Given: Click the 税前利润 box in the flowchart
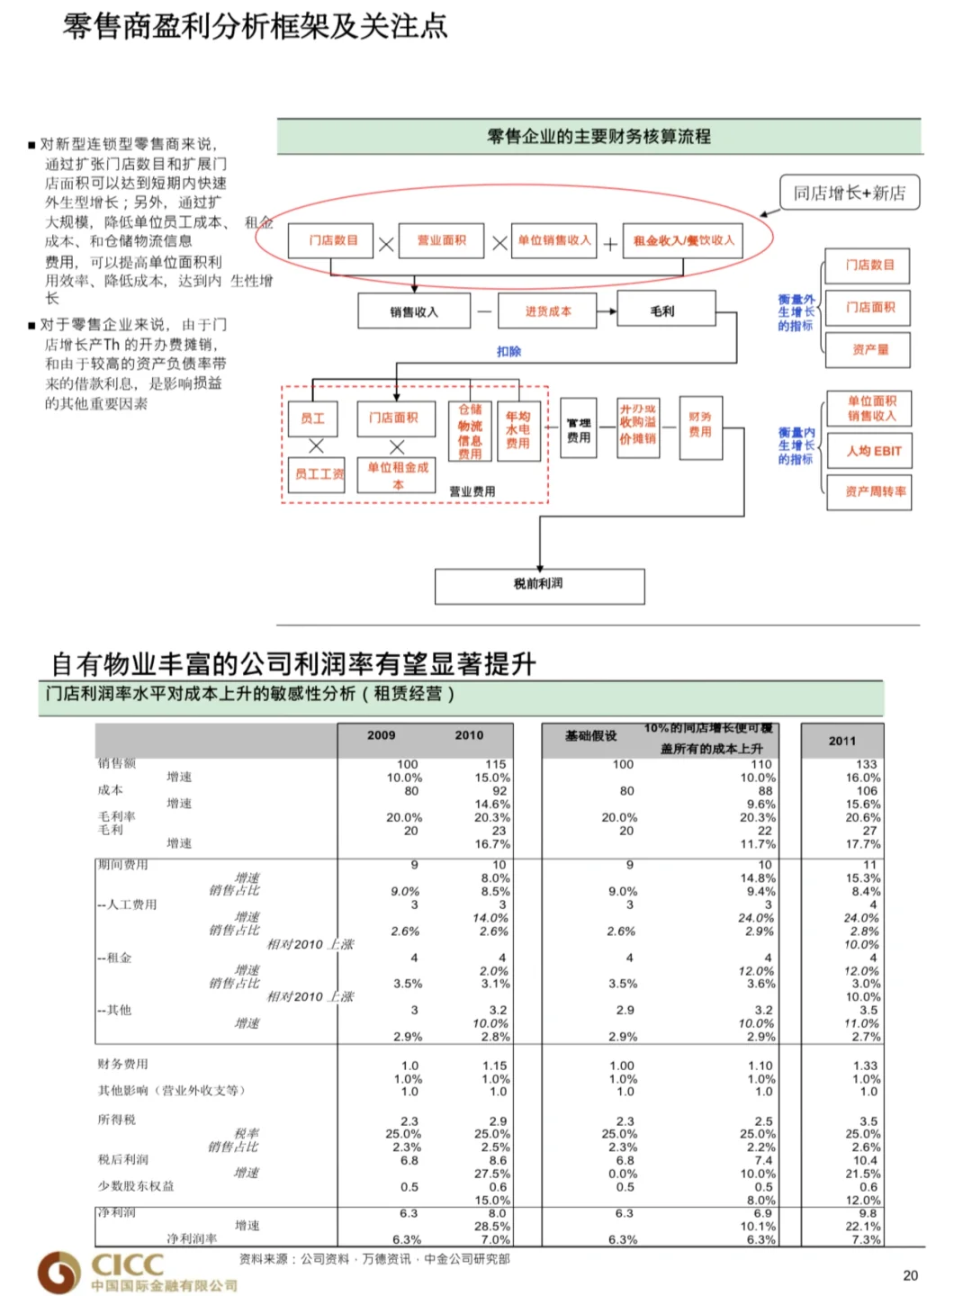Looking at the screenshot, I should click(539, 585).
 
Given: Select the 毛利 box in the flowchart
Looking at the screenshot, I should click(663, 311).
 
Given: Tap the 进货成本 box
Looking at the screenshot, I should click(548, 311).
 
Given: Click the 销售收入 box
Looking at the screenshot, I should click(414, 311).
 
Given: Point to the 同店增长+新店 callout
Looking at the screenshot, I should click(849, 193).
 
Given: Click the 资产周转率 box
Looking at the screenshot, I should click(869, 492).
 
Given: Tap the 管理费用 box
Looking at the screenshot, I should click(579, 430).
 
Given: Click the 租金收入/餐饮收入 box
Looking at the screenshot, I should click(684, 240).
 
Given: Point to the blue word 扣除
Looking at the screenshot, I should click(508, 351).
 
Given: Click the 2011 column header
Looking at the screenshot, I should click(842, 741).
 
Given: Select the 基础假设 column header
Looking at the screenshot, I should click(591, 735).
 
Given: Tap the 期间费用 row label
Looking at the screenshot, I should click(123, 865).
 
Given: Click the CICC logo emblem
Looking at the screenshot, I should click(59, 1272).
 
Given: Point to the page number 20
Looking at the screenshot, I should click(910, 1275).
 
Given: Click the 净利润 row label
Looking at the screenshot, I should click(116, 1213).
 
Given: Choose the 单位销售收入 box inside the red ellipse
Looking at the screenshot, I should click(554, 240).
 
